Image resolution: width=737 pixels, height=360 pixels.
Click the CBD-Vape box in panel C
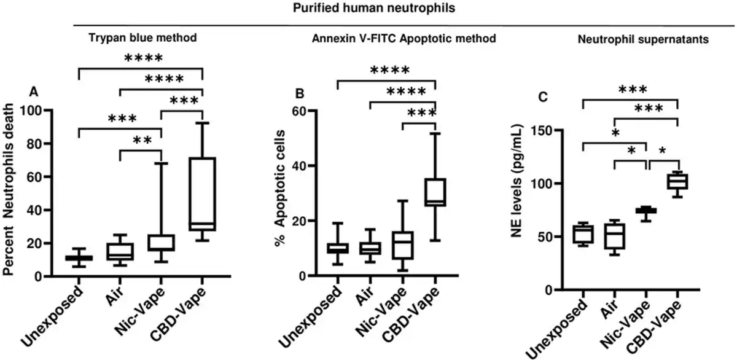click(677, 181)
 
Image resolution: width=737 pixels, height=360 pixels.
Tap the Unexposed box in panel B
click(337, 248)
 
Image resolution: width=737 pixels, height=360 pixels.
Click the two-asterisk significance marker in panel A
click(140, 140)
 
